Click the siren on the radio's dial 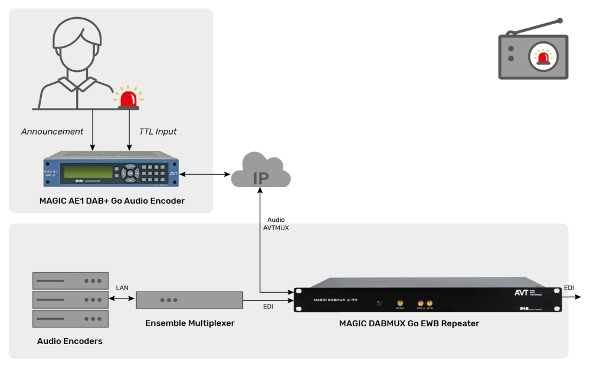(543, 57)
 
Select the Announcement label (53, 132)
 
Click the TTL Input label (158, 132)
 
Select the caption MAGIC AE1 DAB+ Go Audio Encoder (112, 201)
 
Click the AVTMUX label (276, 228)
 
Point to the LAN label (122, 287)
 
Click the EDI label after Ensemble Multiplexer (268, 306)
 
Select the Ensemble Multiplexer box (189, 300)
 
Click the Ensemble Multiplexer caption (189, 323)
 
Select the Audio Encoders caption (70, 341)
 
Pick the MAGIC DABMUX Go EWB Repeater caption (409, 323)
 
